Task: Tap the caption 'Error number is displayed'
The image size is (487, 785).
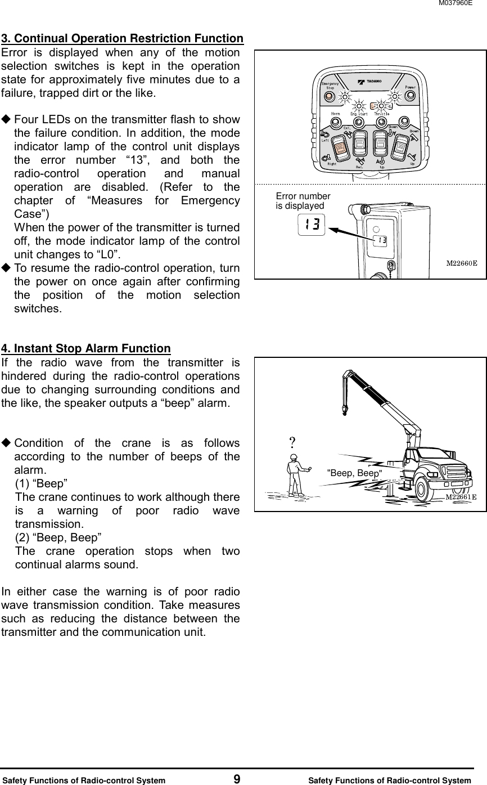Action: (303, 201)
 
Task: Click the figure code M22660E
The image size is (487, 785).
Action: (462, 263)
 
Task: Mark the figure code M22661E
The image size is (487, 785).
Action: (461, 497)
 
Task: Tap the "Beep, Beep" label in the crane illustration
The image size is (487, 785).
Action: (354, 473)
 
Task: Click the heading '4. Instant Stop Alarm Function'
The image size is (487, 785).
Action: (86, 349)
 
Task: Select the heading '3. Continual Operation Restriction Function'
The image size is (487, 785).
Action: (122, 39)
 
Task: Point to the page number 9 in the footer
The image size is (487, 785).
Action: (237, 779)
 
